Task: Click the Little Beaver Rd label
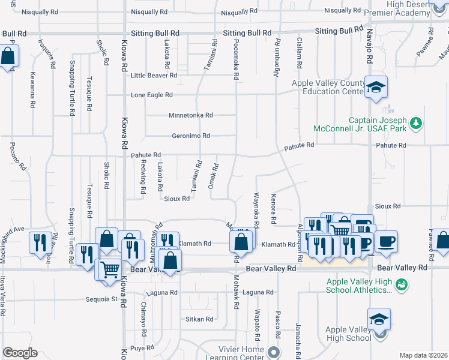click(154, 76)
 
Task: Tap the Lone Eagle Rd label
click(152, 95)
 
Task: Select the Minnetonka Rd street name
click(191, 115)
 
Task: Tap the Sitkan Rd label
click(199, 319)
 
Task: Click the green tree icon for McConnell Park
click(415, 124)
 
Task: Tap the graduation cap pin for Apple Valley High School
click(379, 318)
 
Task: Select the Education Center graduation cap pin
click(376, 88)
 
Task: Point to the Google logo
click(20, 353)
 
